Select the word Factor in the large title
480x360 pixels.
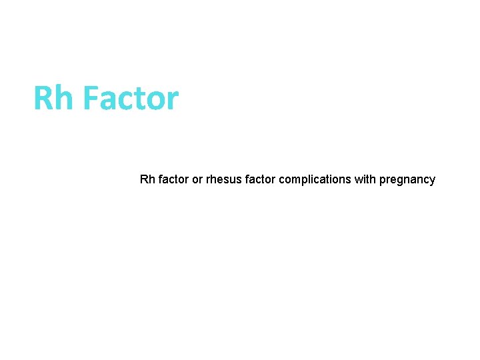(131, 98)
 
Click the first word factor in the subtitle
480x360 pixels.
(173, 179)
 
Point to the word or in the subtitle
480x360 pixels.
(197, 179)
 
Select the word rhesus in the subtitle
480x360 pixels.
(223, 179)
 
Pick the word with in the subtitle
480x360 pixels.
(365, 179)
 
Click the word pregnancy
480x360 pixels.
(407, 179)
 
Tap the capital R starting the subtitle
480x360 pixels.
(144, 179)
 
